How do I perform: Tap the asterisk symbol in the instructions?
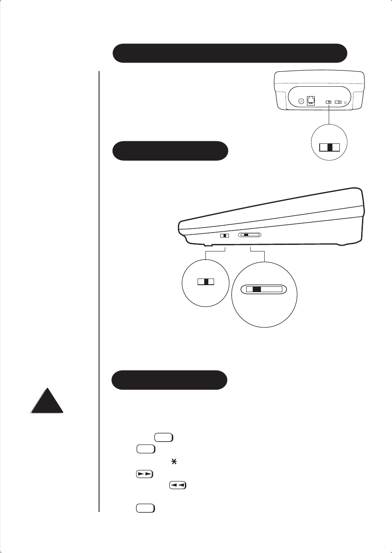[x=174, y=462]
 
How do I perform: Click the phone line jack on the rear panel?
[x=311, y=100]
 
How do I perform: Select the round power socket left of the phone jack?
[x=301, y=101]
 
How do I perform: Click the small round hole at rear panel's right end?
[x=345, y=102]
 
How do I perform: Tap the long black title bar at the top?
[x=230, y=53]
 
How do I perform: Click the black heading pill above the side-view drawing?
[x=170, y=151]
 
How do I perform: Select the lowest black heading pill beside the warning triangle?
[x=169, y=380]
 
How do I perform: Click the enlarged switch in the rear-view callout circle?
[x=330, y=147]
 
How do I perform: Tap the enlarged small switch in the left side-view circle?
[x=206, y=281]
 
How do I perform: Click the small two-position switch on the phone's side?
[x=224, y=236]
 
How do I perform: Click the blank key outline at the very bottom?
[x=145, y=508]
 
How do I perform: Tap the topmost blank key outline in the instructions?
[x=164, y=437]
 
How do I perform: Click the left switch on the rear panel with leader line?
[x=328, y=102]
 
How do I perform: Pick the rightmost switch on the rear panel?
[x=338, y=102]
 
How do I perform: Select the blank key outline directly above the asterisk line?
[x=146, y=449]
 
